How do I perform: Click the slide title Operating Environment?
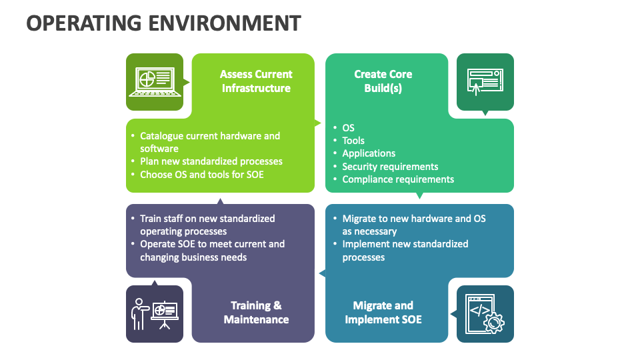pos(163,23)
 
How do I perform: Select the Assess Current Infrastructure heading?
pos(256,81)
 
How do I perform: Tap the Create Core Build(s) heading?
pos(383,81)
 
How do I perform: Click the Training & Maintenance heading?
pos(256,313)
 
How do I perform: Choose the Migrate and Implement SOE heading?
pos(383,313)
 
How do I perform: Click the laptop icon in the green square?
pos(155,81)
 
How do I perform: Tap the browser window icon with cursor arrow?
pos(485,81)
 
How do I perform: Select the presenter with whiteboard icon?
pos(155,313)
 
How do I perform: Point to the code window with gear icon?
pos(485,313)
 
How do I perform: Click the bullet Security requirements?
pos(390,167)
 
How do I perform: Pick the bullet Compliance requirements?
pos(398,179)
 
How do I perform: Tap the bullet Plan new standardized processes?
pos(211,161)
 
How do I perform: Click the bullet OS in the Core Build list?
pos(348,128)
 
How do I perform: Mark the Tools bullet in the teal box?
pos(353,141)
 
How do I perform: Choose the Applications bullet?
pos(369,153)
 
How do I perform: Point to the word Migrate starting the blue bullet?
pos(360,219)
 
